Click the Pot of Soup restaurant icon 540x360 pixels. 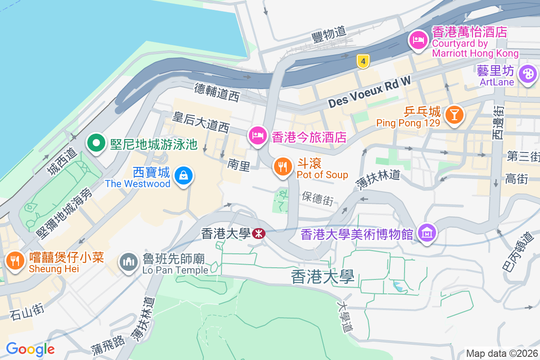point(283,167)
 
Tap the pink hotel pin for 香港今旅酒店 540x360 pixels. point(257,135)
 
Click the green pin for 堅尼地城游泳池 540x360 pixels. point(95,144)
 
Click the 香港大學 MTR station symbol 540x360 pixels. point(258,233)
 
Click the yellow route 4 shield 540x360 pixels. point(363,61)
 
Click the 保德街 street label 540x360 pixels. point(318,198)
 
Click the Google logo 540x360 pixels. point(30,349)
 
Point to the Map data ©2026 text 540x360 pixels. point(501,353)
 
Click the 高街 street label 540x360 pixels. point(517,179)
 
